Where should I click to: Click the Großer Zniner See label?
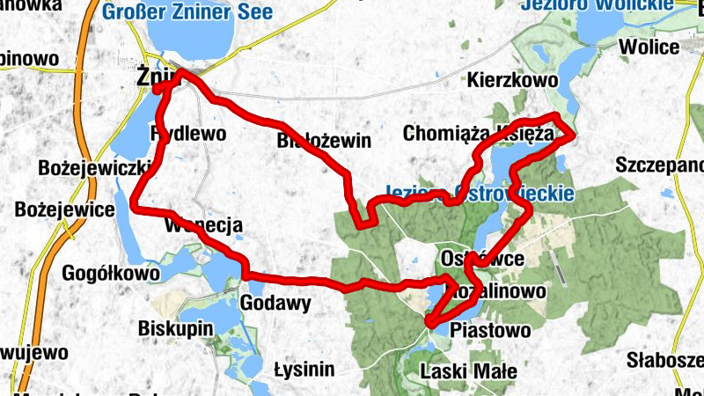pos(187,12)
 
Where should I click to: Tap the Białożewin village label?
pos(324,141)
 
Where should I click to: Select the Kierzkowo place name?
pos(514,80)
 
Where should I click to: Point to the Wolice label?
pos(649,47)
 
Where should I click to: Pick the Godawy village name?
pos(275,304)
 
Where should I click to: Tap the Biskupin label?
pos(176,328)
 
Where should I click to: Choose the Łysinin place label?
pos(304,369)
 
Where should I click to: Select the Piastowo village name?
pos(490,331)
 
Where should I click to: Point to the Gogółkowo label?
pos(111,274)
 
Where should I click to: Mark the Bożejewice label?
pos(65,210)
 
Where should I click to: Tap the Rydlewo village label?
pos(189,134)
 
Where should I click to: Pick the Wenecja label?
pos(203,226)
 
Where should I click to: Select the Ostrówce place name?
pos(481,259)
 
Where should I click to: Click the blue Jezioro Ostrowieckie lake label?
pos(480,193)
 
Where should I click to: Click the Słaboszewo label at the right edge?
pos(666,360)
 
